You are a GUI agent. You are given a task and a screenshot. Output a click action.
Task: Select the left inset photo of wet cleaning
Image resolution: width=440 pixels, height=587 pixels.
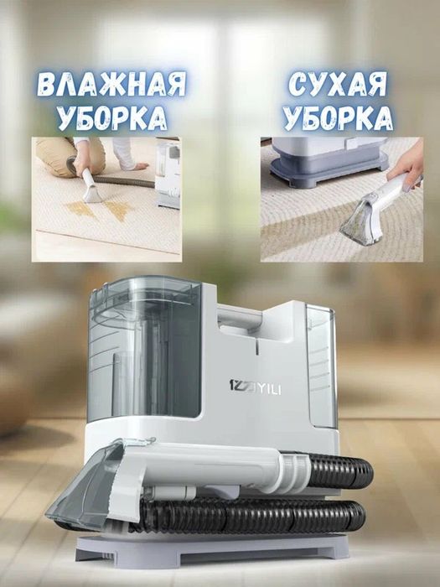pos(106,200)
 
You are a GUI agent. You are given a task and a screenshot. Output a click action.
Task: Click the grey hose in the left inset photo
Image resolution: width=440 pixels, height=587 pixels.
pos(126,179)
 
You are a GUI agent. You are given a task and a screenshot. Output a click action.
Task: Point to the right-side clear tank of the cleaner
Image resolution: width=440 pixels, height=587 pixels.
pos(318,361)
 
